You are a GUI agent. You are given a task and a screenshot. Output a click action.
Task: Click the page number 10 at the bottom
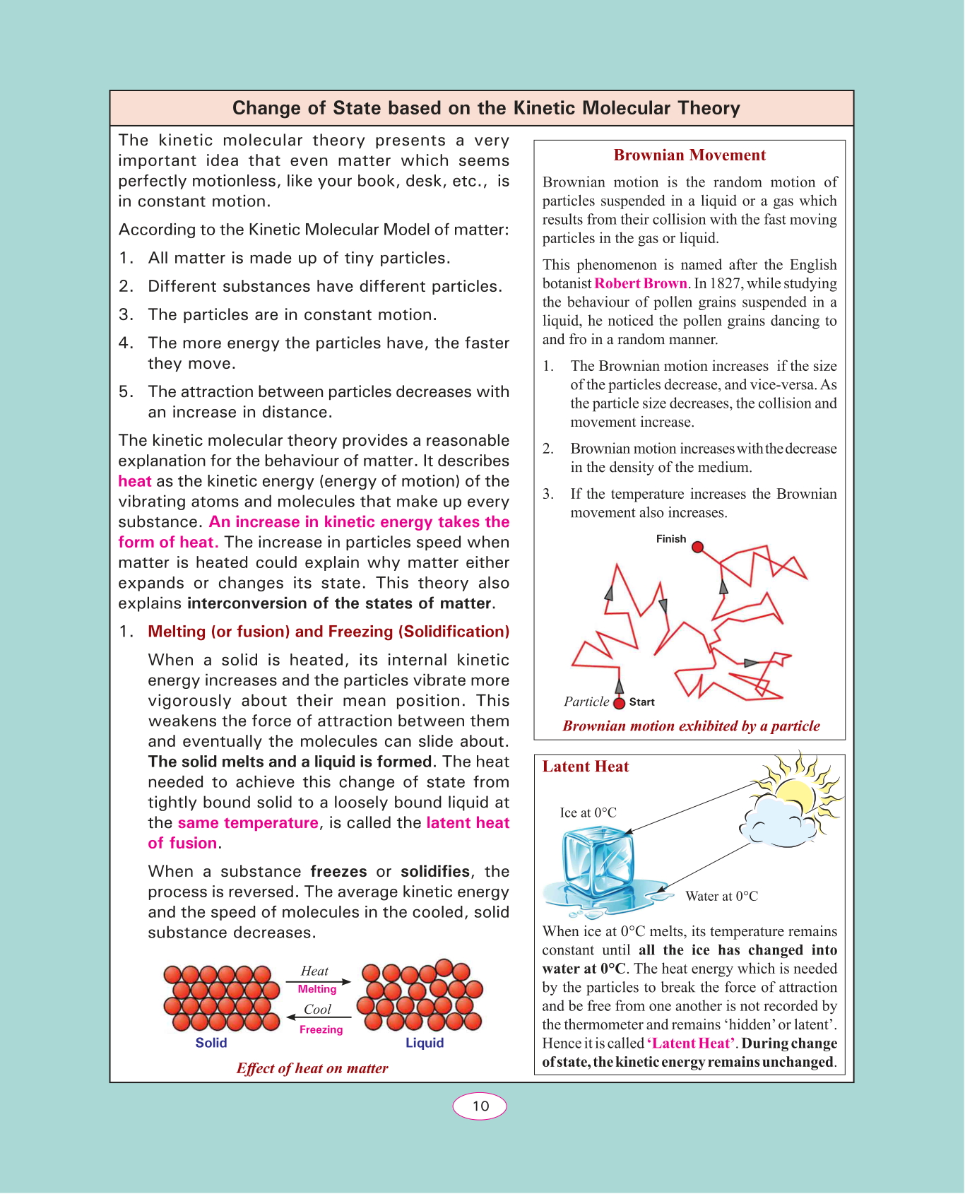coord(480,1106)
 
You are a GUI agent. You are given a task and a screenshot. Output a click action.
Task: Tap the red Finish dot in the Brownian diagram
coord(697,547)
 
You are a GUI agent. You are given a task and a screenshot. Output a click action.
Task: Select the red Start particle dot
coord(620,703)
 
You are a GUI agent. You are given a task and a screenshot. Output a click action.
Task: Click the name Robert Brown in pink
coord(641,283)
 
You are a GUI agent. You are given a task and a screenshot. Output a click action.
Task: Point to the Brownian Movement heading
coord(689,155)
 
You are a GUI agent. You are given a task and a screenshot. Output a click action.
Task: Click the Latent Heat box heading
coord(586,767)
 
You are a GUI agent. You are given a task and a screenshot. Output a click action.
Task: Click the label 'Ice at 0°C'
coord(588,812)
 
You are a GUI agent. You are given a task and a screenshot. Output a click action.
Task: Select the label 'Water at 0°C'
coord(721,896)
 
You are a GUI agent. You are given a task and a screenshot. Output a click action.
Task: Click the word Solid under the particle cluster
coord(211,1043)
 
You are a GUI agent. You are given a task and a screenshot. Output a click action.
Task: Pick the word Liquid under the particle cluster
coord(425,1043)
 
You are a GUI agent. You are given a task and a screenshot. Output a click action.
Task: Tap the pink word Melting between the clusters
coord(317,989)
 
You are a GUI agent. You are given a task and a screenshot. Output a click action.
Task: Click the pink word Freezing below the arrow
coord(321,1029)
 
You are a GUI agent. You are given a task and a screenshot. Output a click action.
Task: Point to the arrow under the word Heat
coord(318,981)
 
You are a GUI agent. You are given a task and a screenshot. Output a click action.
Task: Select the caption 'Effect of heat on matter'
coord(312,1068)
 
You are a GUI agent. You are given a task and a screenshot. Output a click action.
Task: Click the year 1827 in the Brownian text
coord(726,283)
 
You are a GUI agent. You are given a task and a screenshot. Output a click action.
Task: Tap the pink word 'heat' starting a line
coord(135,481)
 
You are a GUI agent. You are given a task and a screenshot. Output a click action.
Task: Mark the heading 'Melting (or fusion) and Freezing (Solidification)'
coord(328,632)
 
